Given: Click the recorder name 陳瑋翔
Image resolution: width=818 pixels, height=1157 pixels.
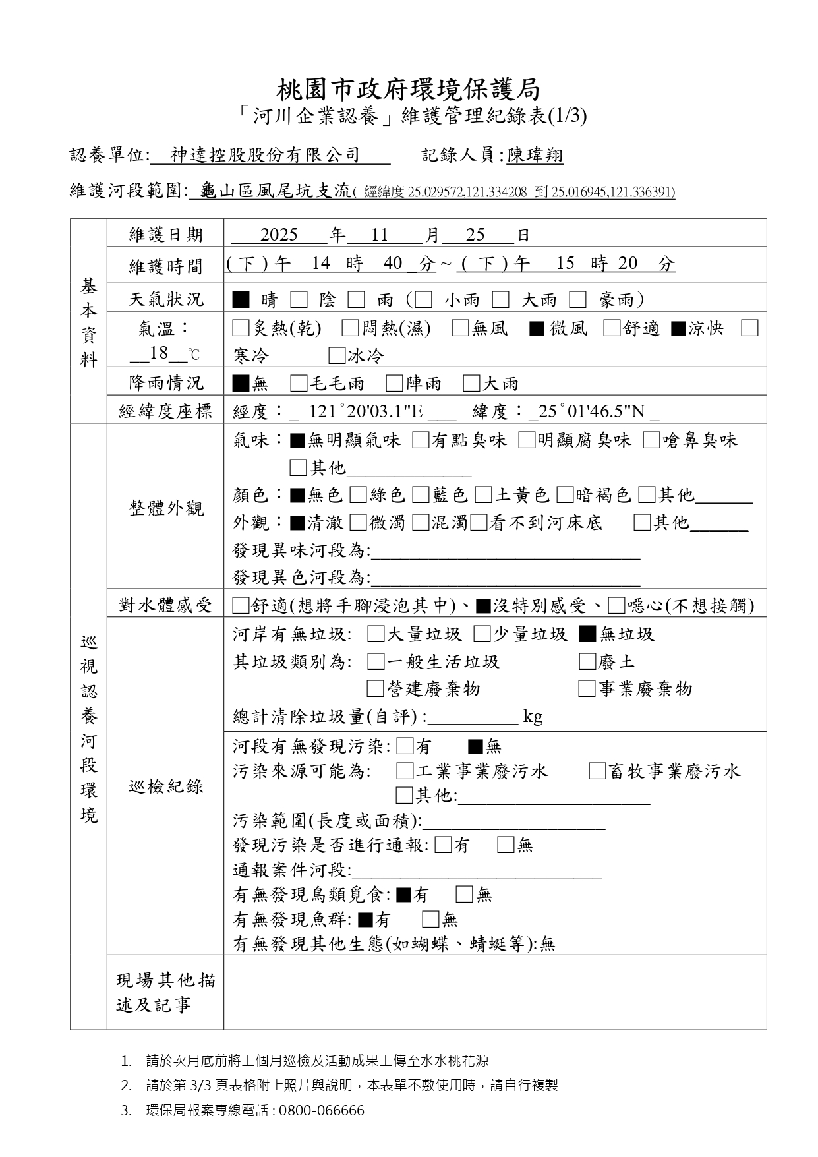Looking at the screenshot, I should coord(535,156).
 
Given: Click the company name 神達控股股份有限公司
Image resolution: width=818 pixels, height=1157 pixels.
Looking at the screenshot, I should coord(265,155).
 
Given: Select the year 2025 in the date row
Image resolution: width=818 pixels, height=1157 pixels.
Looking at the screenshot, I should coord(279,235).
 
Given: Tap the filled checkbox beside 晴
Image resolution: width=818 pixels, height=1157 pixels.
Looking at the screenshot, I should coord(241,300).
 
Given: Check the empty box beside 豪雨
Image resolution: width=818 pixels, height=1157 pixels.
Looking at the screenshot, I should coord(578,300).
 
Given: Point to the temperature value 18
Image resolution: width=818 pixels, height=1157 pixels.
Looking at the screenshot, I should coord(159,353).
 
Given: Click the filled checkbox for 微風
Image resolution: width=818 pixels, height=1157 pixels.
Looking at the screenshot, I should coord(537,328).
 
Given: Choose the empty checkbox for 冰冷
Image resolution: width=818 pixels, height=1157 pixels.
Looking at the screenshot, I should coord(337,356).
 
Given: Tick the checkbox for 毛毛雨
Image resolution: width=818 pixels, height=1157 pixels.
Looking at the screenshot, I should coord(299,383).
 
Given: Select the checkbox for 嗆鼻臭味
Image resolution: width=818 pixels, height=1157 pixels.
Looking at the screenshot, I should coord(651,440).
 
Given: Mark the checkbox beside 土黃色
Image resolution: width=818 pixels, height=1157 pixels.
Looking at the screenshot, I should coord(483,494).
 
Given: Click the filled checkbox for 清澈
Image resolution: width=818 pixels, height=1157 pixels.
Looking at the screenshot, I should coord(297,523).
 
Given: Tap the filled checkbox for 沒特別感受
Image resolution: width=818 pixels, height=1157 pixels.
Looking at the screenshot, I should coord(483,605).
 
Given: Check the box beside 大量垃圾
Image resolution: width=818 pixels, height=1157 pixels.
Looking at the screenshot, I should coord(376,634).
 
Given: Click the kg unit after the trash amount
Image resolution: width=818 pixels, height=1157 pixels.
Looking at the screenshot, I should coord(533,717).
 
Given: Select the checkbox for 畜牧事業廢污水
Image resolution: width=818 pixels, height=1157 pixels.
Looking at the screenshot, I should coord(597,771).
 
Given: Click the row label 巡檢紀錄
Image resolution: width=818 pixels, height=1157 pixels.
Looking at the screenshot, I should coord(165,786).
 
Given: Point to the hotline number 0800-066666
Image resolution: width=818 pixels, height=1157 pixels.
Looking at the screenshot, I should coord(322,1110).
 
